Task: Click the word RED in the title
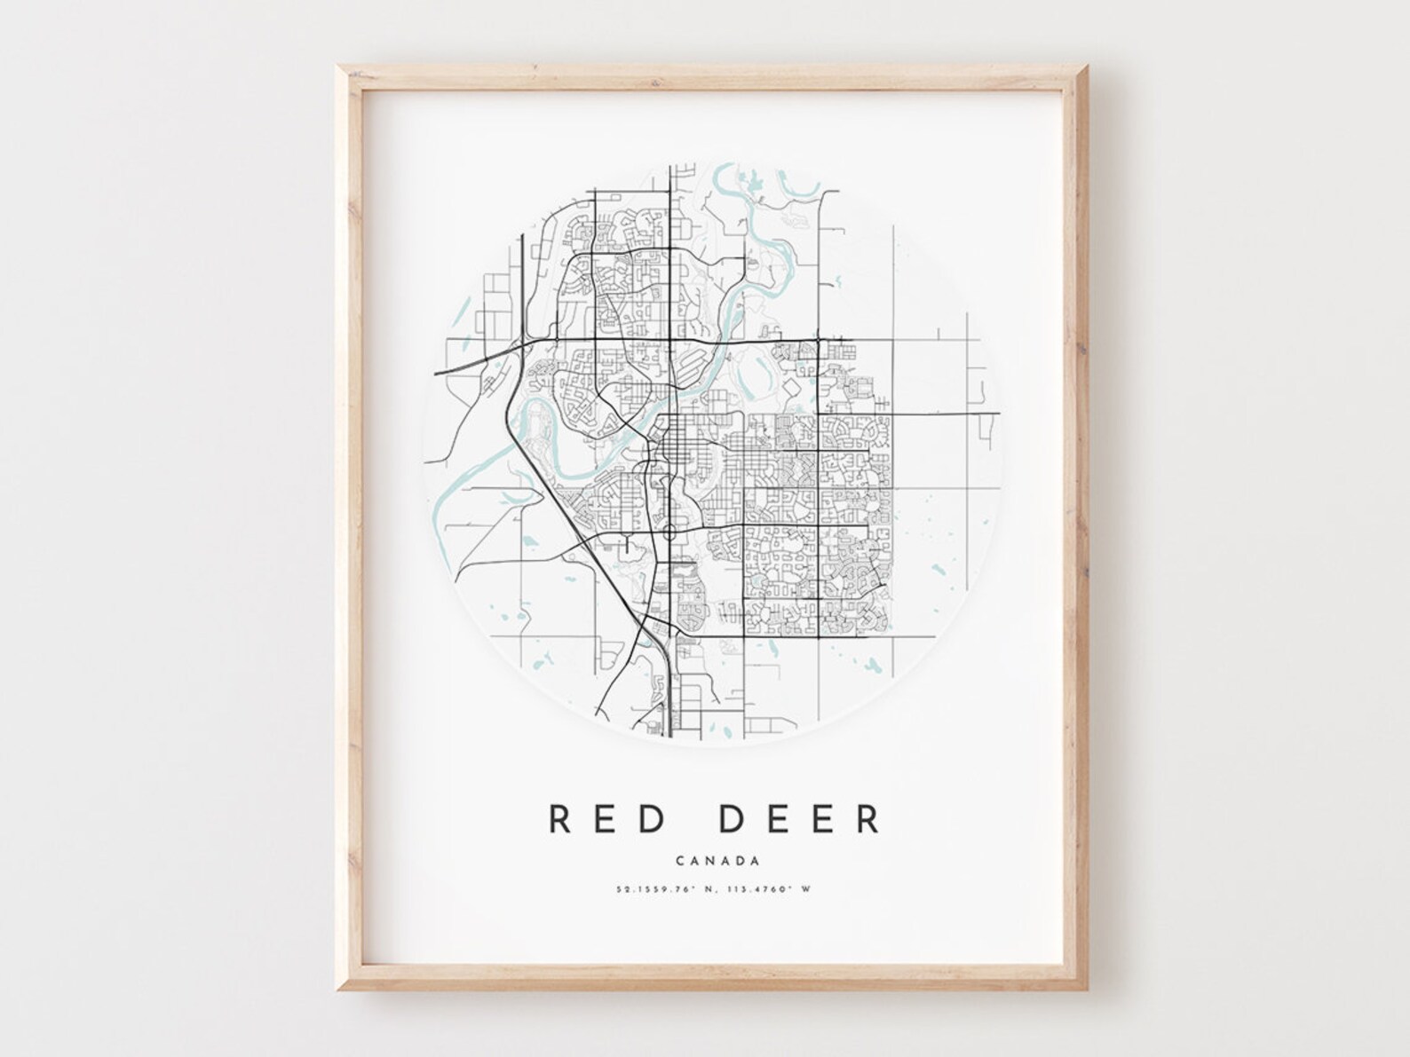pyautogui.click(x=608, y=819)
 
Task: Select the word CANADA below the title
pyautogui.click(x=717, y=860)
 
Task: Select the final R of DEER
pyautogui.click(x=868, y=819)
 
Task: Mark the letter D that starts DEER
pyautogui.click(x=731, y=819)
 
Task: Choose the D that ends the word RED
pyautogui.click(x=654, y=819)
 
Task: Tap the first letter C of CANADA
pyautogui.click(x=680, y=860)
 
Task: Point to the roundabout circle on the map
pyautogui.click(x=669, y=532)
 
